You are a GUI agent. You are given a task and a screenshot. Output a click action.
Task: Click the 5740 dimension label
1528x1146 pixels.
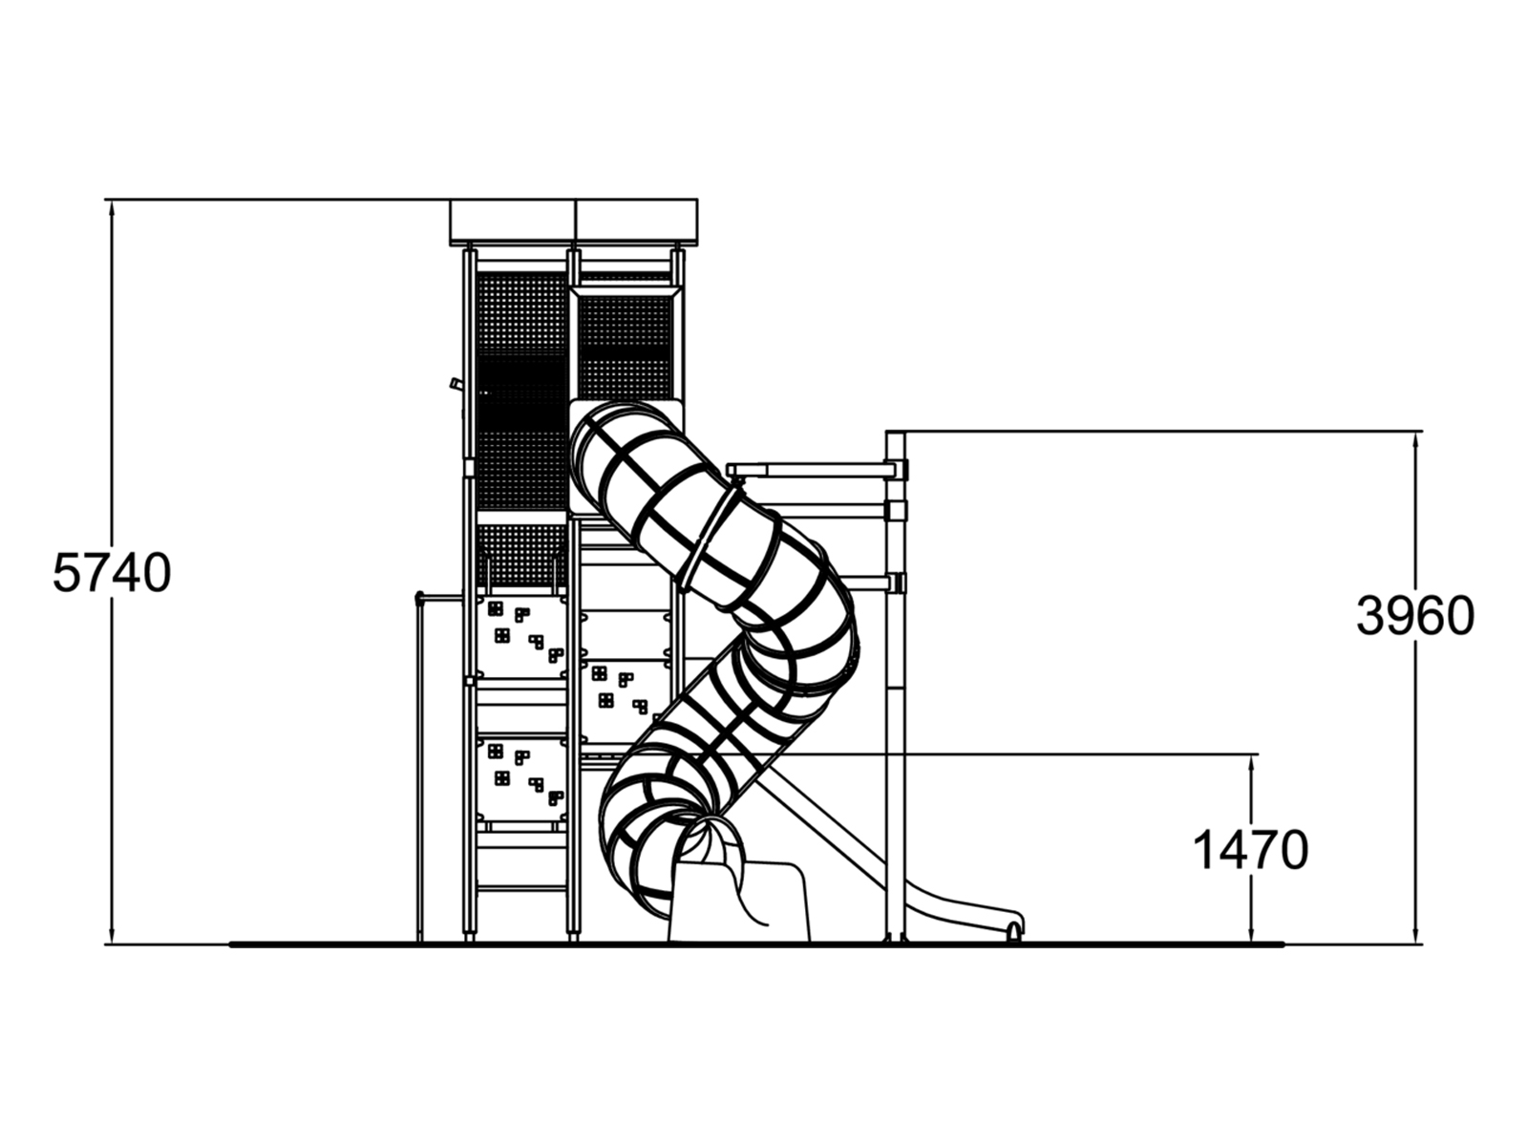112,573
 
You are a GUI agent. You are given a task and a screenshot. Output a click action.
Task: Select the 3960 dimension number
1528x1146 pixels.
1415,616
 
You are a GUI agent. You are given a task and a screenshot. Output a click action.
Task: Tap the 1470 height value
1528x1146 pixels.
1250,850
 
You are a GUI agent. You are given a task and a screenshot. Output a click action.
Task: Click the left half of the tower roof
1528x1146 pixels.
513,222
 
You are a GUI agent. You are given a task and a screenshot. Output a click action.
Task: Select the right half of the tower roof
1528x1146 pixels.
636,222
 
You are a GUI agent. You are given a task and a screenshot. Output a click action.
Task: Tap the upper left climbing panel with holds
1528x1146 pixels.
520,636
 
